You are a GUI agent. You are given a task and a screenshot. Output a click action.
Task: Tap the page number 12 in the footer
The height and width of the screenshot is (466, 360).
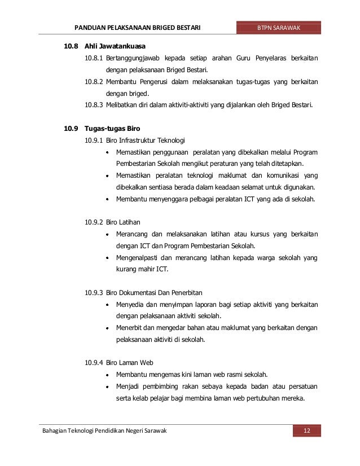coord(307,432)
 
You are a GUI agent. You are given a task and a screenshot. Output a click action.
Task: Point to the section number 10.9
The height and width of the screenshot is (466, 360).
coord(69,128)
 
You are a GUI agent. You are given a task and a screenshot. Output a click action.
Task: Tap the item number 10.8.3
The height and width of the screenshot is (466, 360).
coord(94,105)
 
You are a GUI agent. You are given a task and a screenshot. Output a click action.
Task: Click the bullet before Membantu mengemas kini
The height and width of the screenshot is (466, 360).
coord(107,375)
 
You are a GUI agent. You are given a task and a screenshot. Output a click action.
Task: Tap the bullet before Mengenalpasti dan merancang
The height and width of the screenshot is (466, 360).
coord(107,257)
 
